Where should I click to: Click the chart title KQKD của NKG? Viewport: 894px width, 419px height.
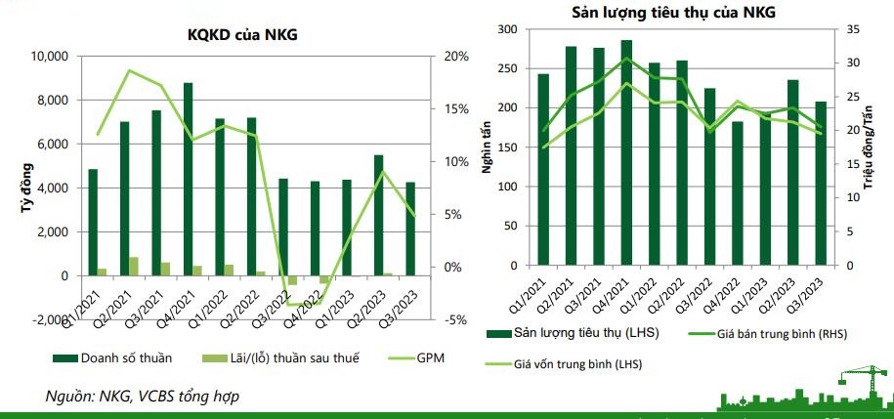(242, 35)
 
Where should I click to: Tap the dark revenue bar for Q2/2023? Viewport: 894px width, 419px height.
(379, 215)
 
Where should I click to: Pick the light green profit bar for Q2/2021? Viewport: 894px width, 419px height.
(134, 267)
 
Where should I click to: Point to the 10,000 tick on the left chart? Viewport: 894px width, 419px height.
(44, 57)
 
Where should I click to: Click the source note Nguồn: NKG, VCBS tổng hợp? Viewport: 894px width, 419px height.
(143, 396)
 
